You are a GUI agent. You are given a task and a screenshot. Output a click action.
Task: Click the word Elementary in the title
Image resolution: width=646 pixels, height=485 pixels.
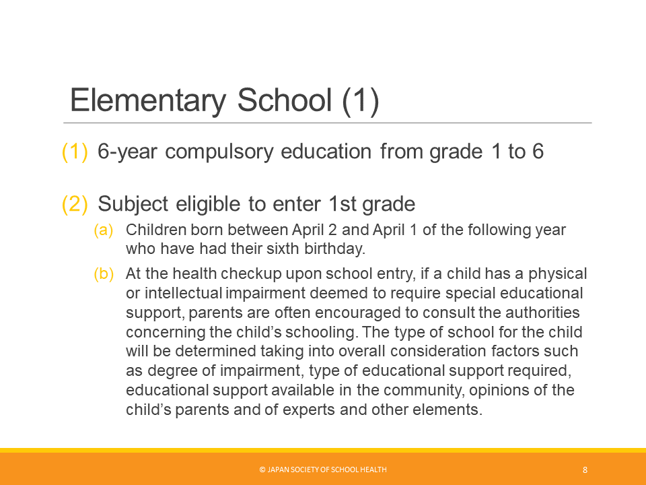click(x=148, y=100)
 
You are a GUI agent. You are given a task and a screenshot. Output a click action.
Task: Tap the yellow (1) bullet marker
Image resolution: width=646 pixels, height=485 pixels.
click(x=75, y=152)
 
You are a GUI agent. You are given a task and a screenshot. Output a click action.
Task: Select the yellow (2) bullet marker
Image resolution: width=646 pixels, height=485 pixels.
click(x=75, y=204)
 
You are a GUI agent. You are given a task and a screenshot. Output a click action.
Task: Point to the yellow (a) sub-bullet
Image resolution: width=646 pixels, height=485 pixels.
click(x=104, y=230)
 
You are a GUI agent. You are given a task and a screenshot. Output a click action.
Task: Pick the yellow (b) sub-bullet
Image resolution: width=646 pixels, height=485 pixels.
click(x=104, y=274)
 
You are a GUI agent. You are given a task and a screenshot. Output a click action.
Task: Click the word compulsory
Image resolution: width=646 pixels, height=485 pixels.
click(x=219, y=152)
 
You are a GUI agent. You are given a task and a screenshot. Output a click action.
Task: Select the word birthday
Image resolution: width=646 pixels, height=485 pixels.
click(x=334, y=249)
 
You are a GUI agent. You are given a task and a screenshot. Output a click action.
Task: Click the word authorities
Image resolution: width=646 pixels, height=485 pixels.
click(x=542, y=313)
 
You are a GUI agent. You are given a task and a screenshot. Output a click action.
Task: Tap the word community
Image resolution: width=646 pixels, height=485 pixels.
click(x=424, y=391)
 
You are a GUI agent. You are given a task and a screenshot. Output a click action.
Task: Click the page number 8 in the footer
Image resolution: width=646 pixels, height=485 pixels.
click(x=585, y=470)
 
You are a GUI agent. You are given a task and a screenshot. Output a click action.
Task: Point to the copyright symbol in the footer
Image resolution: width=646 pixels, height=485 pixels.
click(x=262, y=470)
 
